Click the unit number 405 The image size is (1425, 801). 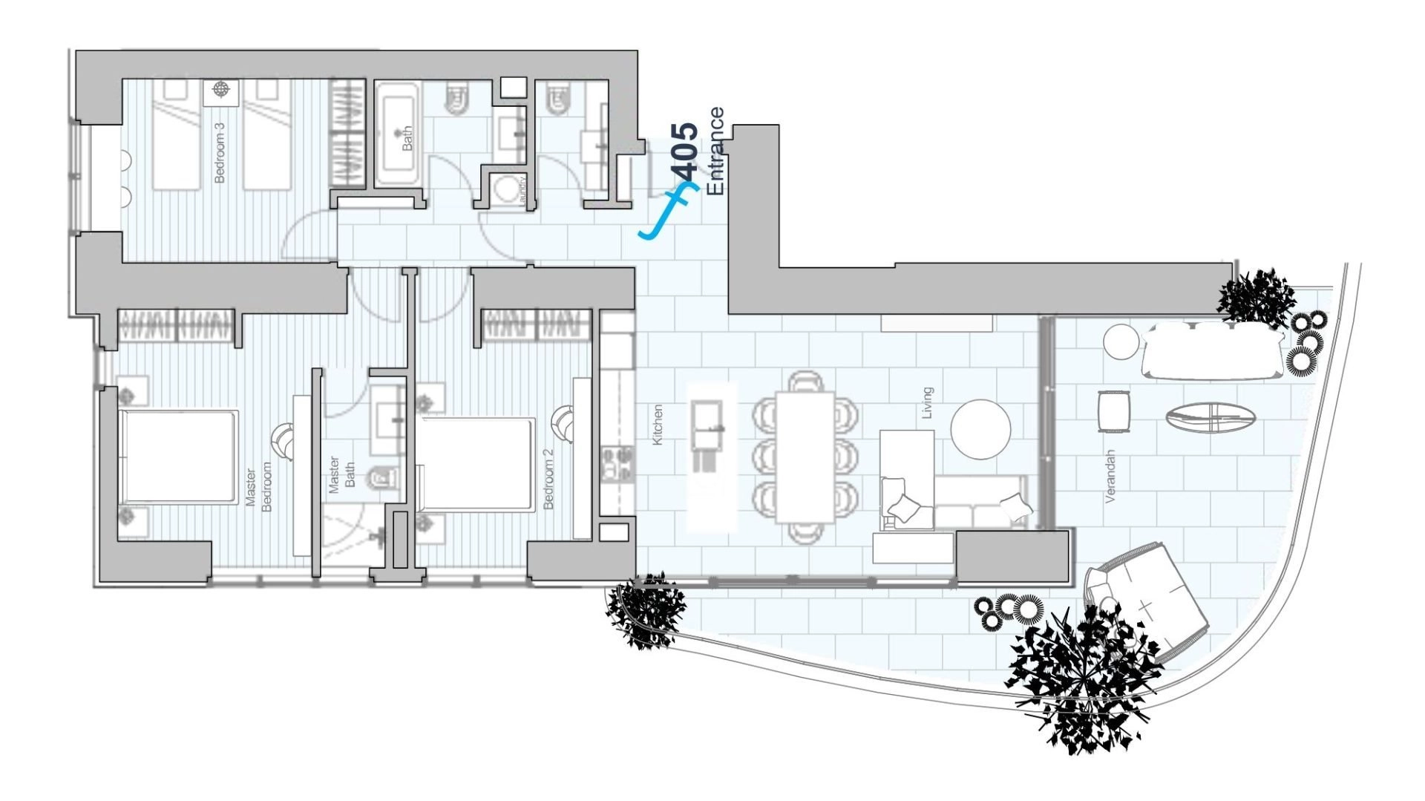pyautogui.click(x=686, y=152)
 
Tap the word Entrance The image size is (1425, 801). pyautogui.click(x=715, y=151)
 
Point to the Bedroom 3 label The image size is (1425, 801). pyautogui.click(x=219, y=152)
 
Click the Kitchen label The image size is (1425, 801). pyautogui.click(x=657, y=425)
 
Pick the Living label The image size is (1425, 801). pyautogui.click(x=926, y=402)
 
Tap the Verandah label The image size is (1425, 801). pyautogui.click(x=1110, y=476)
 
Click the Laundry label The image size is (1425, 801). pyautogui.click(x=524, y=190)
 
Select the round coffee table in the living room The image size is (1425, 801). pyautogui.click(x=980, y=430)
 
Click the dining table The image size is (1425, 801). pyautogui.click(x=805, y=457)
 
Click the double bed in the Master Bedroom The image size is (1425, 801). pyautogui.click(x=178, y=457)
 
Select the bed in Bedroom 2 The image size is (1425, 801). pyautogui.click(x=476, y=464)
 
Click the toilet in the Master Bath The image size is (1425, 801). pyautogui.click(x=380, y=478)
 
